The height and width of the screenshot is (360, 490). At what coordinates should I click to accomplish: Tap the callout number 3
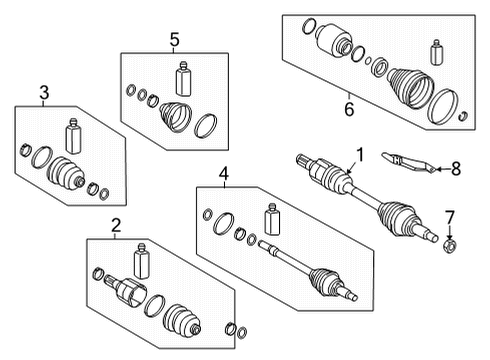(44, 93)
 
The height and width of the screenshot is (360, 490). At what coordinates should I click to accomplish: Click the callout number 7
(449, 216)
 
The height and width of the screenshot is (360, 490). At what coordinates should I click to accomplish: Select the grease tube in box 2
(143, 260)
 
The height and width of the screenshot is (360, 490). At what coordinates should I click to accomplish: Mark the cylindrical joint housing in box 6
(330, 43)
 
